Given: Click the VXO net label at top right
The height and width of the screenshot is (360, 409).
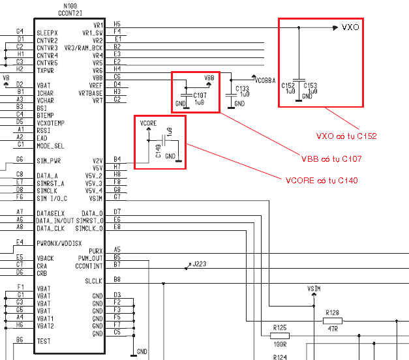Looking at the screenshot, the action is pos(350,27).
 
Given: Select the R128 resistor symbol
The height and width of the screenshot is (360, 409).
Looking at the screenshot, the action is pos(333,321).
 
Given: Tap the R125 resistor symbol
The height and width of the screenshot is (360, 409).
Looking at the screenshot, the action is pos(280,336).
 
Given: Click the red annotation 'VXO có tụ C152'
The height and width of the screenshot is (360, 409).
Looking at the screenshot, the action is pos(346,136).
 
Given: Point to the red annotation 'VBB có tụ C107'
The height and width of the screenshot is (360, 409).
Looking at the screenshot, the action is pos(331,159).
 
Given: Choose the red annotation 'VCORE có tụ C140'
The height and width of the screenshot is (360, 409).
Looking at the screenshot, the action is pos(322,181).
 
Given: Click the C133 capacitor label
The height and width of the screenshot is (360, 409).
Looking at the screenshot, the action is pos(242,89).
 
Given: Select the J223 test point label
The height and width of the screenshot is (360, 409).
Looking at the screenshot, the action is pos(200,264).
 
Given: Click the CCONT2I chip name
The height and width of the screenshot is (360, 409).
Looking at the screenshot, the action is pos(70,13).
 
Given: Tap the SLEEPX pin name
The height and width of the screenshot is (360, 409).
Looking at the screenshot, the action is pos(47,33).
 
